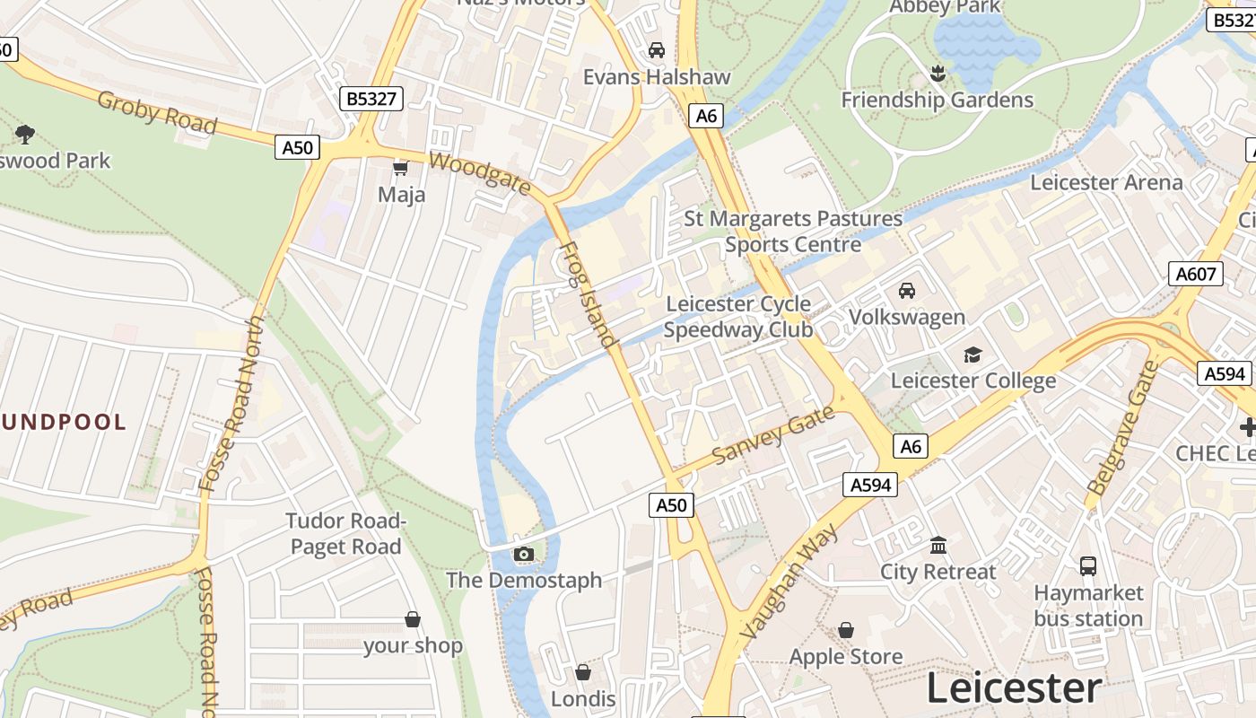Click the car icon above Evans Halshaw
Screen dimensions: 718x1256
[657, 50]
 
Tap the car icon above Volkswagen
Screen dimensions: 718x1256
[907, 291]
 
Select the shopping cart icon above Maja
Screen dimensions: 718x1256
[401, 168]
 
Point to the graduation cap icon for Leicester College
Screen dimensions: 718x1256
[973, 355]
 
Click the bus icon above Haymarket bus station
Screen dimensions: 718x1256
[1088, 566]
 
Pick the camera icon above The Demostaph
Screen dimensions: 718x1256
[524, 554]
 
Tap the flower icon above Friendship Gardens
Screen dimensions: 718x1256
[938, 74]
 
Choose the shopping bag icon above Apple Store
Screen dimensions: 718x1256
[846, 631]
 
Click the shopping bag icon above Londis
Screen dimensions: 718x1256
[583, 672]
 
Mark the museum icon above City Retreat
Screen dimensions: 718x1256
[938, 545]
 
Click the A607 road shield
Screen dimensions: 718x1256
[1196, 274]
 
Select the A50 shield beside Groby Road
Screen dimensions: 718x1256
[297, 147]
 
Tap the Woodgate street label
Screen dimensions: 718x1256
[480, 173]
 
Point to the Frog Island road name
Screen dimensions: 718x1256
[588, 294]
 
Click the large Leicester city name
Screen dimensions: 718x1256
[1013, 688]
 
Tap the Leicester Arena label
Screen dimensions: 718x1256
[1106, 182]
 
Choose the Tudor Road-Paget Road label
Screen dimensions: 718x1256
[345, 534]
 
